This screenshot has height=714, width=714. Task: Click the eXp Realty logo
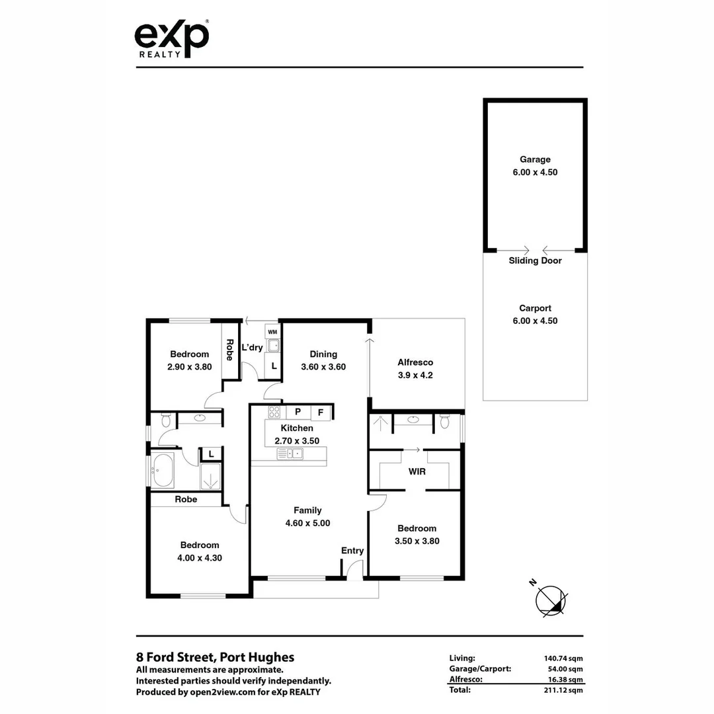point(171,39)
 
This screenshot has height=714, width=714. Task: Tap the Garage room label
point(534,159)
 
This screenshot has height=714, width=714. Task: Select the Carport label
point(535,308)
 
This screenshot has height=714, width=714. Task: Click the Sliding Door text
point(535,260)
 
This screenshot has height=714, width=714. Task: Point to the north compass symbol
point(550,599)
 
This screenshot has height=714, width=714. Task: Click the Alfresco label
point(415,362)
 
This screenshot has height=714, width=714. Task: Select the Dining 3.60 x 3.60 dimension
point(323,367)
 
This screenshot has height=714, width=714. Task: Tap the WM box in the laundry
point(272,331)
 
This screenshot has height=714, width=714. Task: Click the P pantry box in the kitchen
point(298,412)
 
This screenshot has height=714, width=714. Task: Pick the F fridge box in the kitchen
point(321,413)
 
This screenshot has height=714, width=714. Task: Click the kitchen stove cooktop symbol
point(274,413)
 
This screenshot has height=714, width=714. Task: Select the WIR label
point(416,472)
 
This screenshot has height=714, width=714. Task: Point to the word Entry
point(352,551)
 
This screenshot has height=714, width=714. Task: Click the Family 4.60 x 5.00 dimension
point(307,523)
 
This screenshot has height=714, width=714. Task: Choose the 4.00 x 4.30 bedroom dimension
point(199,558)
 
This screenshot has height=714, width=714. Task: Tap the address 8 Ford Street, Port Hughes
point(215,657)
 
